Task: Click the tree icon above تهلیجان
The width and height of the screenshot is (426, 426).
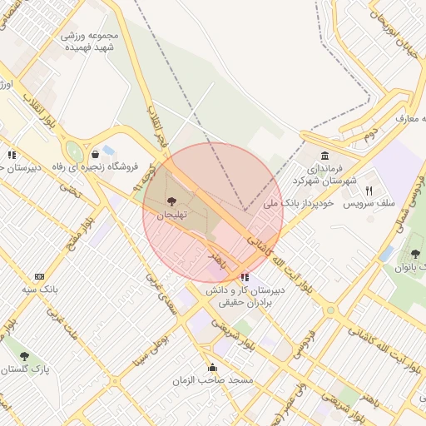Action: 172,201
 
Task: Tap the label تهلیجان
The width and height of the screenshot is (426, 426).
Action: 173,215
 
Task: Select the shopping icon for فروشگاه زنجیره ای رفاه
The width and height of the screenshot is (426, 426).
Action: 95,154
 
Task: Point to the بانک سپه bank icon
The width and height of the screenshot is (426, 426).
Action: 39,276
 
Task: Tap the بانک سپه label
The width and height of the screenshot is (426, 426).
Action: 40,290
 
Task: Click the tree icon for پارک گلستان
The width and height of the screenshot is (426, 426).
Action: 24,356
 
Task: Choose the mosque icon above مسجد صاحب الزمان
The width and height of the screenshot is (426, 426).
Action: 212,367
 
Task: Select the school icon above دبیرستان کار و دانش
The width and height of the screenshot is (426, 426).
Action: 244,277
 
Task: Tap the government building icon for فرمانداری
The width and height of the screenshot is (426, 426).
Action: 324,156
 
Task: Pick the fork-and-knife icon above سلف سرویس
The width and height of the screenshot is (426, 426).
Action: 369,190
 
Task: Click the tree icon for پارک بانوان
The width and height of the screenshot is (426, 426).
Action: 415,254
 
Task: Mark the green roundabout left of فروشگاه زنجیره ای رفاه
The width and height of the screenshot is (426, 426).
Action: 75,152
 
